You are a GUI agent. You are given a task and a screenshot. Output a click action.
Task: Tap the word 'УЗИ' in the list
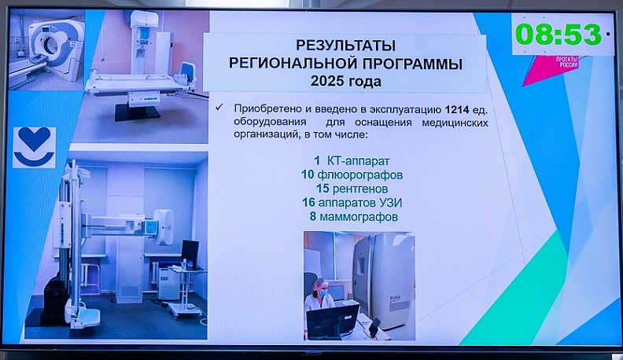coord(402,203)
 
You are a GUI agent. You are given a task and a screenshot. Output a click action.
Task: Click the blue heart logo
coord(34,147)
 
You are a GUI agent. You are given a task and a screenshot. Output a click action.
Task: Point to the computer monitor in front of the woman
coord(334,321)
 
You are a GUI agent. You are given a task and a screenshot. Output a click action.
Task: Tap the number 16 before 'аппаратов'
coord(309,203)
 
